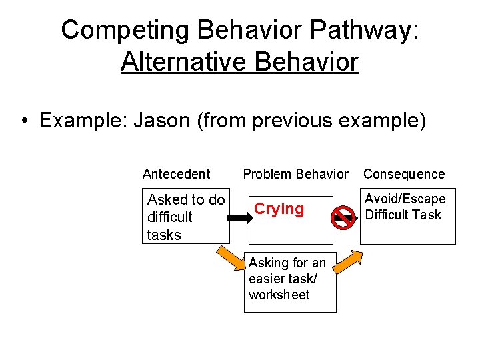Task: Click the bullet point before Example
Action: (x=24, y=121)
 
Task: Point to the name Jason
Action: (x=161, y=121)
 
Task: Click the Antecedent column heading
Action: (x=176, y=174)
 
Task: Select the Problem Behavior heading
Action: (x=295, y=174)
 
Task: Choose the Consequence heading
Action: (x=403, y=174)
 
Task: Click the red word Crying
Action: (x=279, y=209)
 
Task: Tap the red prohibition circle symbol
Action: (x=343, y=218)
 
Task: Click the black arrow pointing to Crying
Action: (x=238, y=217)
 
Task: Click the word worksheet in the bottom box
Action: (x=279, y=295)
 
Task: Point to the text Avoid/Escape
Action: (x=405, y=199)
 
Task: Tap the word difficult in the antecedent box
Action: (x=169, y=217)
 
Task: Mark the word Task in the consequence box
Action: (x=426, y=214)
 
